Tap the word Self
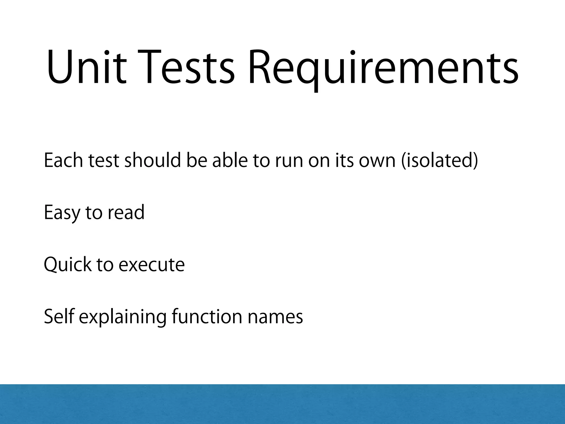pos(59,316)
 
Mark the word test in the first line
pos(104,161)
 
